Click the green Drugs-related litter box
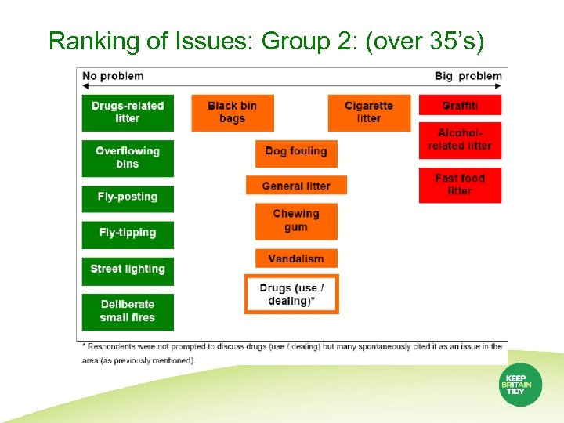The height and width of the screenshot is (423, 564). click(x=128, y=112)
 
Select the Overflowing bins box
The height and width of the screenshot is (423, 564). click(x=128, y=157)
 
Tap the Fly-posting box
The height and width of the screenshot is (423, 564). click(x=128, y=197)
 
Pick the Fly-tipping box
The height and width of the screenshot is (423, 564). click(x=128, y=233)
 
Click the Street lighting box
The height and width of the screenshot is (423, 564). click(x=128, y=269)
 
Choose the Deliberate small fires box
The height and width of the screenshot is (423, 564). click(x=128, y=311)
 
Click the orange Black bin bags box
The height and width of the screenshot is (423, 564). click(x=233, y=112)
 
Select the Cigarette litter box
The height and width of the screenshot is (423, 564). click(x=369, y=112)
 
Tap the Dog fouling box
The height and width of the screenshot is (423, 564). click(x=296, y=152)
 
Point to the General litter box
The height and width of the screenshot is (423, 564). click(x=296, y=186)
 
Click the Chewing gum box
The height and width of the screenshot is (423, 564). click(x=296, y=221)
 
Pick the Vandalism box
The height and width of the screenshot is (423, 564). click(x=296, y=258)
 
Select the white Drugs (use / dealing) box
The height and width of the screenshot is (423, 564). click(x=291, y=295)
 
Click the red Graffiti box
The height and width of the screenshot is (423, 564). click(x=460, y=105)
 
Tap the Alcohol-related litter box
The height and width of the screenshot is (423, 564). click(x=460, y=140)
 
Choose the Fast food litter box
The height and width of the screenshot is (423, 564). click(x=460, y=185)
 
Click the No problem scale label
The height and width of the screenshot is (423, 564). click(x=113, y=76)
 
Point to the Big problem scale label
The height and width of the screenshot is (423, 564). click(x=468, y=76)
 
